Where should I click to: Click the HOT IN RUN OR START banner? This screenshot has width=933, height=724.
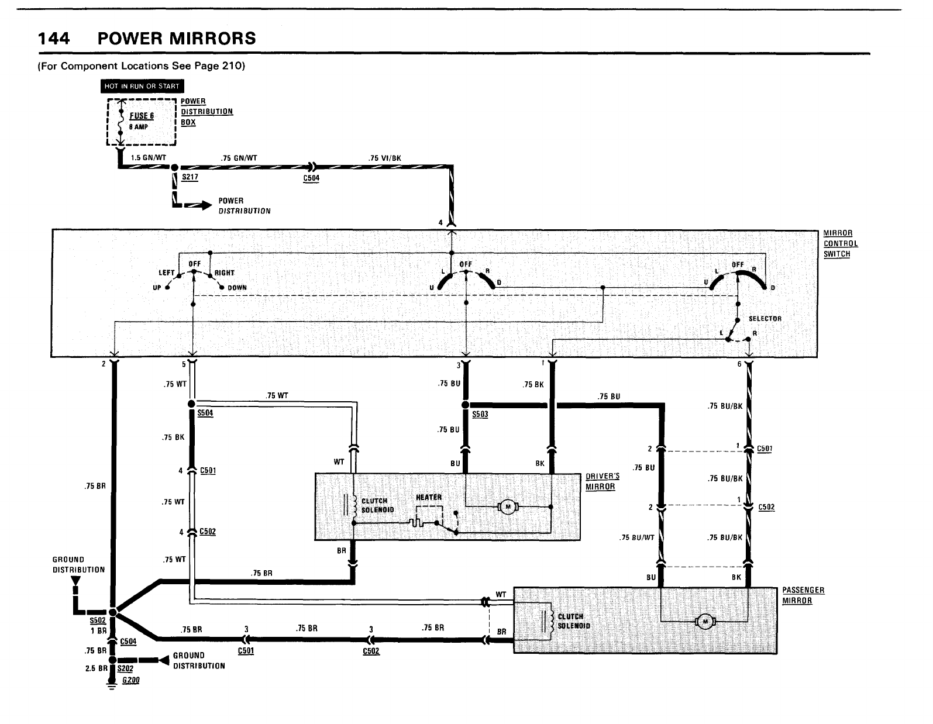pos(142,87)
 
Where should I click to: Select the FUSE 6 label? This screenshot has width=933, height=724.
pos(142,116)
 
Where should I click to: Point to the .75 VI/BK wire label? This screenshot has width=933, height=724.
pos(384,158)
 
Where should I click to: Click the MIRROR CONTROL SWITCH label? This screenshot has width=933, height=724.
pos(841,244)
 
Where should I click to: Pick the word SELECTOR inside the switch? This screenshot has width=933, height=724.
pos(765,319)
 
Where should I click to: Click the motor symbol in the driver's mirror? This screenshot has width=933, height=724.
pos(508,506)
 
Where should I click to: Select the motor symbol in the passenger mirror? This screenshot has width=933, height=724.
pos(705,622)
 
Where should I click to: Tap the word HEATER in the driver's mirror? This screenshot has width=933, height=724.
pos(429,497)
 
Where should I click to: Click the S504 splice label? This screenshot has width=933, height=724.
pos(205,413)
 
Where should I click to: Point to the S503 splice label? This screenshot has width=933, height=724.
pos(480,415)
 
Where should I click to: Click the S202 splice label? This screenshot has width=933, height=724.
pos(125,668)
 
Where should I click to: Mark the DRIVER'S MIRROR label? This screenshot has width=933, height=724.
pos(603,482)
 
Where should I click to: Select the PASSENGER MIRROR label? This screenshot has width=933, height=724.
pos(803,595)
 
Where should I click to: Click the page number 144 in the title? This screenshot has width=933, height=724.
pos(54,39)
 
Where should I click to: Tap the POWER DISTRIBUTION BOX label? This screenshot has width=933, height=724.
pos(206,112)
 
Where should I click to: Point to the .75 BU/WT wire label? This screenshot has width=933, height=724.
pos(636,538)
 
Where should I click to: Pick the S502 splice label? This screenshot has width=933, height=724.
pos(97,620)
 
